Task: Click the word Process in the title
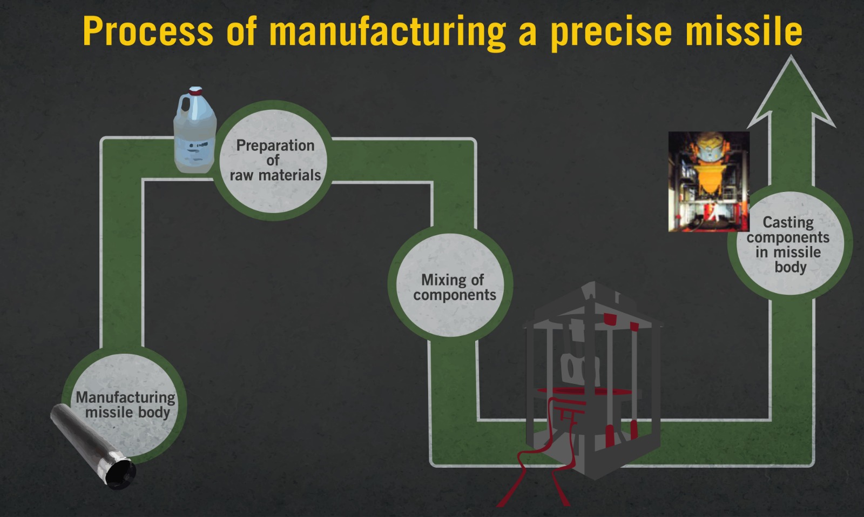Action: click(148, 31)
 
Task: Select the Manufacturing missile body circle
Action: click(125, 405)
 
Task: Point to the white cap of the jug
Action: click(195, 90)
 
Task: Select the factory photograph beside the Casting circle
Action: click(708, 181)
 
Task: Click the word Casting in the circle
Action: click(788, 222)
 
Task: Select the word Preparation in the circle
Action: click(275, 145)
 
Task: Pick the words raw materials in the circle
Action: click(275, 175)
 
